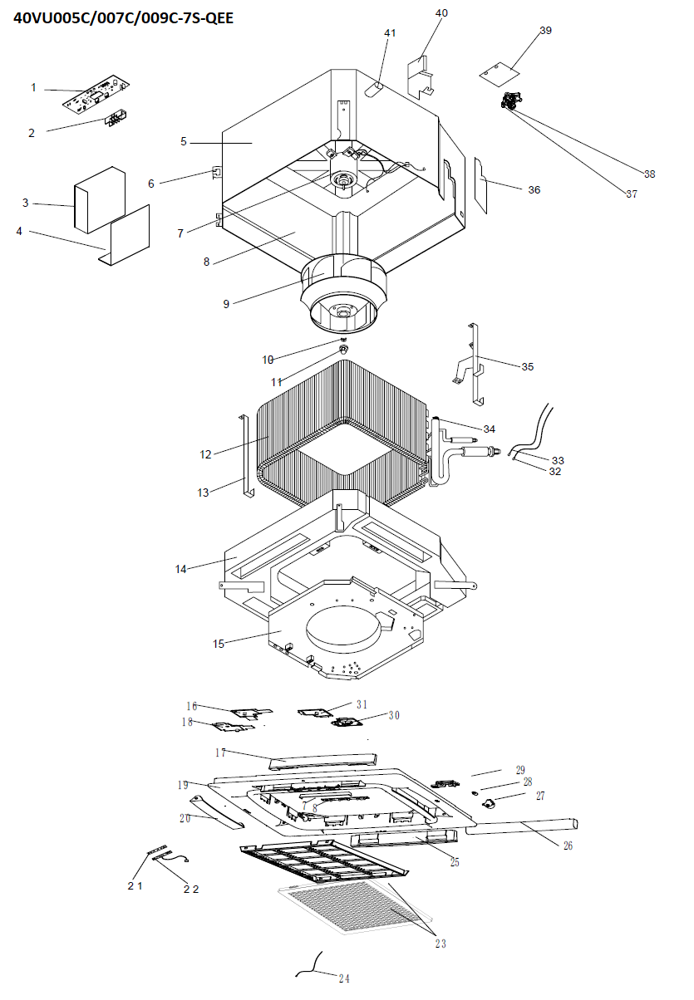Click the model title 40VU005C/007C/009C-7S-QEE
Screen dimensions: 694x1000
tap(123, 18)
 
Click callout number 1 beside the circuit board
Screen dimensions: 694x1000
tap(33, 87)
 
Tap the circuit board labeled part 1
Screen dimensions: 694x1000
tap(96, 92)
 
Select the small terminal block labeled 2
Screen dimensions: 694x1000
tap(115, 119)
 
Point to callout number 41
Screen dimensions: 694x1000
tap(390, 32)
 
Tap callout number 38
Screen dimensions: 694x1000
tap(649, 174)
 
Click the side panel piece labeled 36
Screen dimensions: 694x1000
tap(481, 185)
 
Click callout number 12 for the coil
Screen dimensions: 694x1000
tap(205, 454)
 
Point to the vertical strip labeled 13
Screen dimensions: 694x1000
tap(246, 455)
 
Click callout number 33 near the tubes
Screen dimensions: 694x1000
tap(558, 460)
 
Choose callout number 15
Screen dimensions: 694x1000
tap(219, 644)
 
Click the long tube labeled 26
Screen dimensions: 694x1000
tap(521, 826)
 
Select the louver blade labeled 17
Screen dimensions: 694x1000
tap(322, 761)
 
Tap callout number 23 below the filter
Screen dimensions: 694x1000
tap(441, 944)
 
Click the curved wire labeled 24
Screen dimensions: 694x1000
tap(311, 964)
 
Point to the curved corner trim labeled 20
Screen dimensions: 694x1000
tap(217, 812)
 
